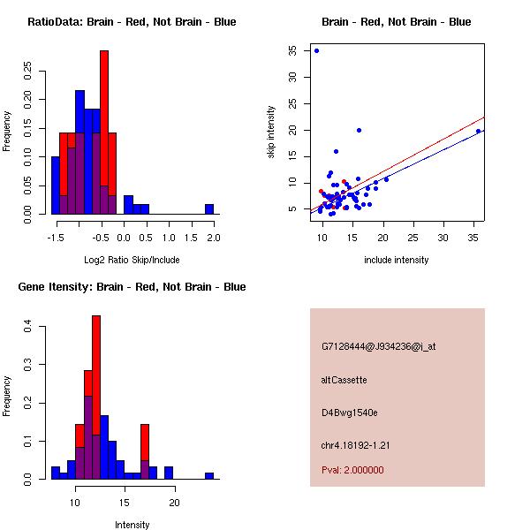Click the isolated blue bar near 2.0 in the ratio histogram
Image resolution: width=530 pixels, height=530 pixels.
(x=209, y=209)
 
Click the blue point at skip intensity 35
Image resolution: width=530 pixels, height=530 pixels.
(x=316, y=50)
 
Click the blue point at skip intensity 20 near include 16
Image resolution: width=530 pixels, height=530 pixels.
(x=359, y=130)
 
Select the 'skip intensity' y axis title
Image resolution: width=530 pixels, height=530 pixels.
(x=271, y=132)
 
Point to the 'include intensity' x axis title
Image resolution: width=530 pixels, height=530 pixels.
(x=396, y=260)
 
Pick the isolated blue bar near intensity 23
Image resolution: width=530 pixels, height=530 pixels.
(x=209, y=475)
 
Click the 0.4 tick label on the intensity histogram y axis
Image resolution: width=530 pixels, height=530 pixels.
(x=28, y=327)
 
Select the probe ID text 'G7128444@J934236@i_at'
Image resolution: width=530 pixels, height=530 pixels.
(x=378, y=346)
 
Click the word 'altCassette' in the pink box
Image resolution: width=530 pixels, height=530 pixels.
(x=344, y=380)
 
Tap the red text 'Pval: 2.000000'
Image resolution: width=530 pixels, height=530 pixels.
(x=352, y=470)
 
